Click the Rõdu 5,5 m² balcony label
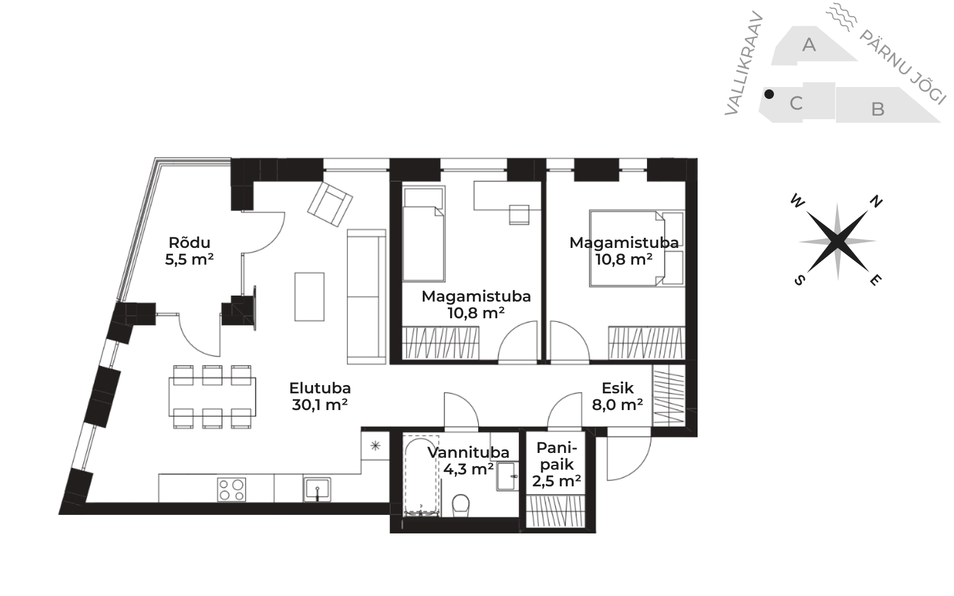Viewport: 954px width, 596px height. click(189, 251)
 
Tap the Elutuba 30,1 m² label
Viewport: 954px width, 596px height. click(320, 396)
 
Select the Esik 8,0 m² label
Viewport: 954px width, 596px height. click(618, 396)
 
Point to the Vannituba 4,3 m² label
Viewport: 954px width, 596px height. click(469, 461)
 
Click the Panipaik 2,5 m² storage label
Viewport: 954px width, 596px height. click(557, 464)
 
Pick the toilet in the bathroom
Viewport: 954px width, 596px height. click(460, 505)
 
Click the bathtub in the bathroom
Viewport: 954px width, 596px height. click(421, 476)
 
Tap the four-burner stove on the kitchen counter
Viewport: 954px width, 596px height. click(231, 489)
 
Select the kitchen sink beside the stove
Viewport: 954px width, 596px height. click(317, 489)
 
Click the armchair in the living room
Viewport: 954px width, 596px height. click(330, 204)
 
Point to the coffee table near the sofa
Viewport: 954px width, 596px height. click(309, 297)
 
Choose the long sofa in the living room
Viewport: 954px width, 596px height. click(367, 297)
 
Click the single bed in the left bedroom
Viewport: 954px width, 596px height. click(423, 234)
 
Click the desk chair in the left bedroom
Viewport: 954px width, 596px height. click(519, 215)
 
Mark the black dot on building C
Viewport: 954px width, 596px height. click(769, 94)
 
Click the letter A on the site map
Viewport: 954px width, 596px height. click(809, 45)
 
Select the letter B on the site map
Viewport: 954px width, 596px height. click(878, 110)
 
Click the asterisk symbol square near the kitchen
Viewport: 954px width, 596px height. click(375, 446)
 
